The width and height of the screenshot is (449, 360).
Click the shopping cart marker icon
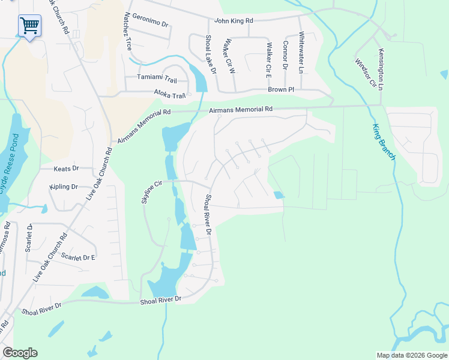(29, 26)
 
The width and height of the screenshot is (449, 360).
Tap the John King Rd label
(234, 20)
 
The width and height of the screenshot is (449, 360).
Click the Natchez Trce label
(128, 30)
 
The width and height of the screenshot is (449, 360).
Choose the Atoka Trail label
(170, 95)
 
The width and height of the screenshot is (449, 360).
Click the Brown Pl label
(280, 89)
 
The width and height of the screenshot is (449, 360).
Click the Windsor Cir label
(364, 71)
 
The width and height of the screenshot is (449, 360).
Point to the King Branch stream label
(384, 142)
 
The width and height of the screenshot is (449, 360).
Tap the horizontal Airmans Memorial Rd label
(241, 110)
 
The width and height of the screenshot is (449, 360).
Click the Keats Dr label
(66, 169)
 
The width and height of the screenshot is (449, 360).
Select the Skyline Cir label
(152, 191)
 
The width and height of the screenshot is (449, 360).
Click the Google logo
(20, 353)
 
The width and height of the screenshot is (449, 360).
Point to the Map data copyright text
(411, 355)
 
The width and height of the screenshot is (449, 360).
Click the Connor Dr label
(285, 55)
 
